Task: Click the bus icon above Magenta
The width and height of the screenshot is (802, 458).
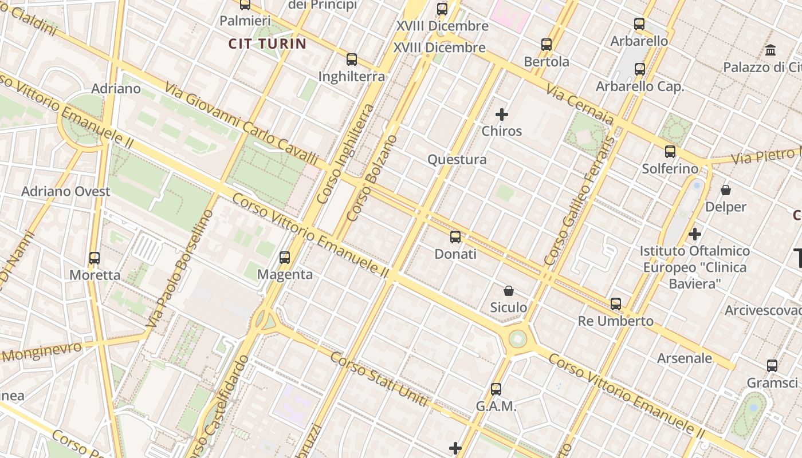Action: [x=285, y=258]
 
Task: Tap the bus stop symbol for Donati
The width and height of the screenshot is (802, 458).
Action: [x=455, y=236]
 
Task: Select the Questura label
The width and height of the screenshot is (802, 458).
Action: [x=457, y=160]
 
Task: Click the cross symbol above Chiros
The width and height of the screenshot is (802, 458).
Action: [x=502, y=114]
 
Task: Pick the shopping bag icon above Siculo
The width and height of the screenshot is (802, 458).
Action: [x=508, y=291]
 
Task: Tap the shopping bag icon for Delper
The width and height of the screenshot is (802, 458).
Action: [x=726, y=190]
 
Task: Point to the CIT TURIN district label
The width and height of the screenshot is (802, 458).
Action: [x=268, y=44]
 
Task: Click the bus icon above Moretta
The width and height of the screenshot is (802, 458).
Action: [x=95, y=258]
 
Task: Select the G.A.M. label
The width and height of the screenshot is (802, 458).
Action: [x=496, y=406]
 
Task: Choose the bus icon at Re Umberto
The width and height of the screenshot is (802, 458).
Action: [x=616, y=304]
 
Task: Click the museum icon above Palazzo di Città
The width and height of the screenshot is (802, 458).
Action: [x=770, y=50]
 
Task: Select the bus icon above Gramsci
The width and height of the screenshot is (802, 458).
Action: [x=772, y=366]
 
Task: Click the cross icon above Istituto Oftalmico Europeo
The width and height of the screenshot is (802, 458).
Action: [x=695, y=234]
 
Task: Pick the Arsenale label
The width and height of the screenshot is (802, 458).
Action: [x=685, y=358]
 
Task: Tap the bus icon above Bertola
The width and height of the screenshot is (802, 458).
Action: [x=547, y=44]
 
